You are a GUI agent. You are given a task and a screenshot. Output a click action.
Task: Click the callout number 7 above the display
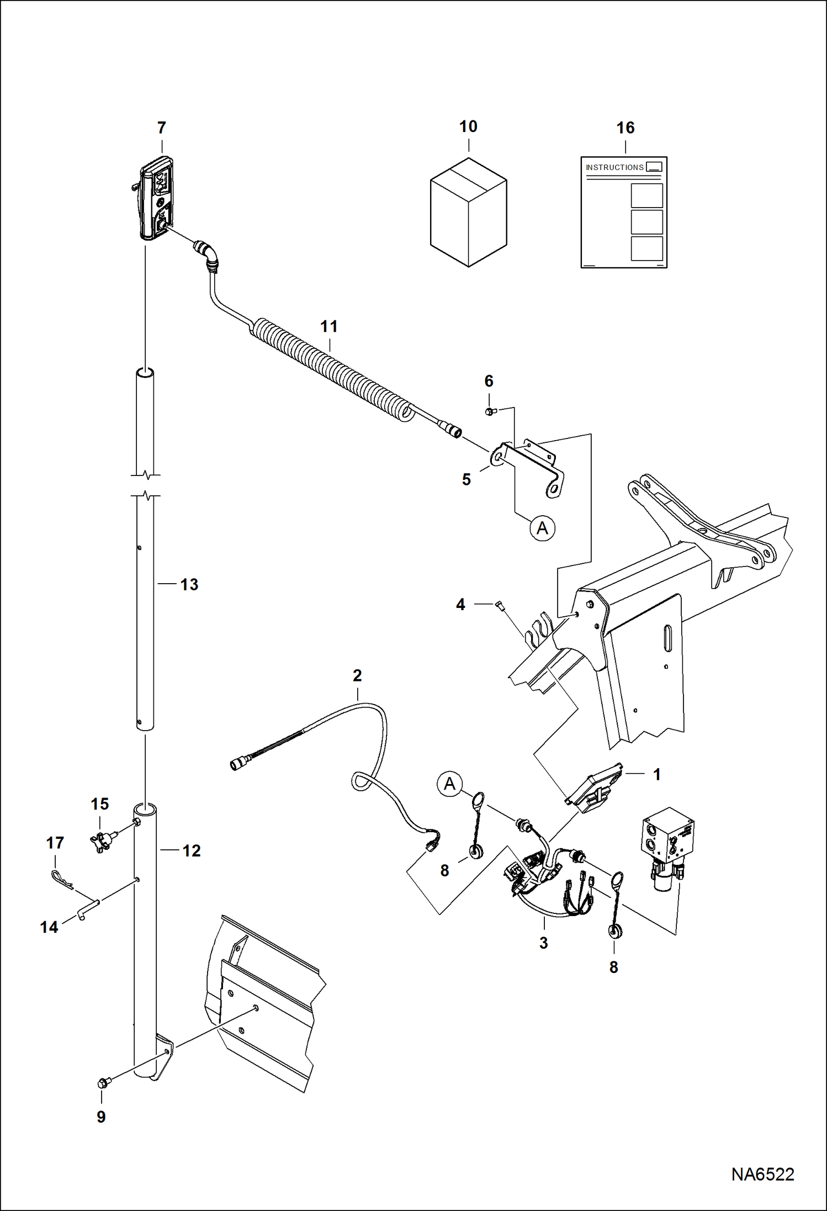[161, 128]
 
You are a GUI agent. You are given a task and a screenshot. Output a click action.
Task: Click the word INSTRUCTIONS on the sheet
[614, 167]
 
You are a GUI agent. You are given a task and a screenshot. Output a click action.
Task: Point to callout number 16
[625, 128]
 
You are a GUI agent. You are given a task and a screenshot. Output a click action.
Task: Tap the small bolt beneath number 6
[490, 411]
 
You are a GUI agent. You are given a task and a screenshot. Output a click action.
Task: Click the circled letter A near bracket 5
[542, 528]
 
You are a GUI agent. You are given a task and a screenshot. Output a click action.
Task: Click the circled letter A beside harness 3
[449, 784]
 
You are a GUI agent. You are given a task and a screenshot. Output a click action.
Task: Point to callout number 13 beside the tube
[189, 585]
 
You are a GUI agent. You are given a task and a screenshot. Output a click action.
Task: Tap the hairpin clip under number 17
[61, 879]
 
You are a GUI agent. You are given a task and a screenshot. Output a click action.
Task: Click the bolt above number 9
[103, 1083]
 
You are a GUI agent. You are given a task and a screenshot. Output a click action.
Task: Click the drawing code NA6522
[762, 1173]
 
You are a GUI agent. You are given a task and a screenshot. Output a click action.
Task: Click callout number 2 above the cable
[357, 675]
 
